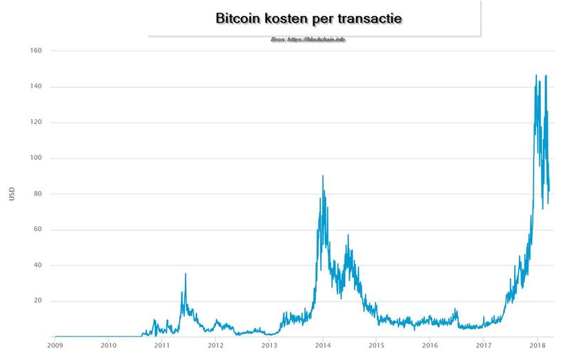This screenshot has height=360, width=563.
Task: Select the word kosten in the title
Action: click(x=293, y=18)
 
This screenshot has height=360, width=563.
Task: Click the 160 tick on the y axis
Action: click(x=37, y=51)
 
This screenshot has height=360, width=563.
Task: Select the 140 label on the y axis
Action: click(x=37, y=87)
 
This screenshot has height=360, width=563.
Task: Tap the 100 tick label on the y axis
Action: click(x=37, y=158)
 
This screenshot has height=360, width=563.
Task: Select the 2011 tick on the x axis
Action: click(x=161, y=345)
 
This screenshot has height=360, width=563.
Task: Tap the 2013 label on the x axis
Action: click(x=269, y=345)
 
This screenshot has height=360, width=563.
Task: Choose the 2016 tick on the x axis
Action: click(x=430, y=345)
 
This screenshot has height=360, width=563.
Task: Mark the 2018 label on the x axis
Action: click(x=537, y=345)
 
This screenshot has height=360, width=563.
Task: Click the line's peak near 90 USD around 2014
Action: click(x=323, y=177)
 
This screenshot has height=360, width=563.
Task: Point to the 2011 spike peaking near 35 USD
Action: click(x=185, y=274)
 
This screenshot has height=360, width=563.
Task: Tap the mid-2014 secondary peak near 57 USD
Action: click(x=348, y=236)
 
